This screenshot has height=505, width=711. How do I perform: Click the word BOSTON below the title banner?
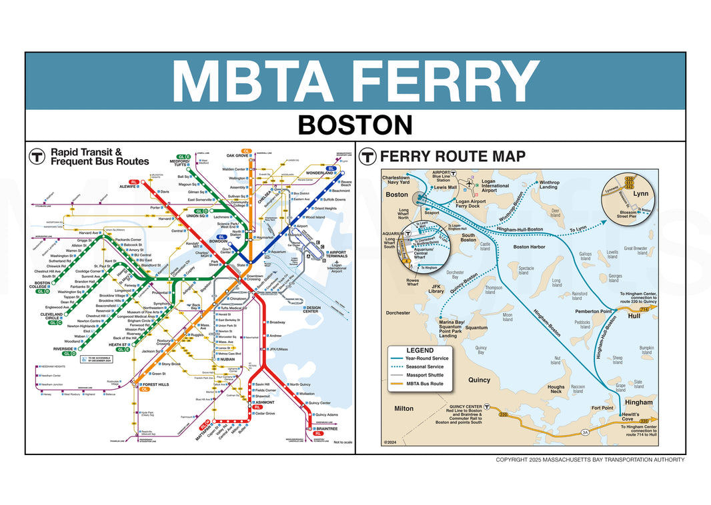[x=355, y=125]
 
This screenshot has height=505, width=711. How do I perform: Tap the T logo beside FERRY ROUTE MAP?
[x=367, y=157]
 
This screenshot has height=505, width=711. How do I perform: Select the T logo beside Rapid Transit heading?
[x=37, y=157]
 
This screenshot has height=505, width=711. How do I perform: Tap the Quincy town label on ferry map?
[x=479, y=380]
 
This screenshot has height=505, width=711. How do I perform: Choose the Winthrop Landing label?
[x=549, y=185]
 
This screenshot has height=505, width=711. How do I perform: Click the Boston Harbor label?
[x=529, y=247]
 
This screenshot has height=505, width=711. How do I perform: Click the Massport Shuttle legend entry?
[x=438, y=375]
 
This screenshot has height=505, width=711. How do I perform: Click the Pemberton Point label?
[x=594, y=311]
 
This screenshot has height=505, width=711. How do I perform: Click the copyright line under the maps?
[x=590, y=460]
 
